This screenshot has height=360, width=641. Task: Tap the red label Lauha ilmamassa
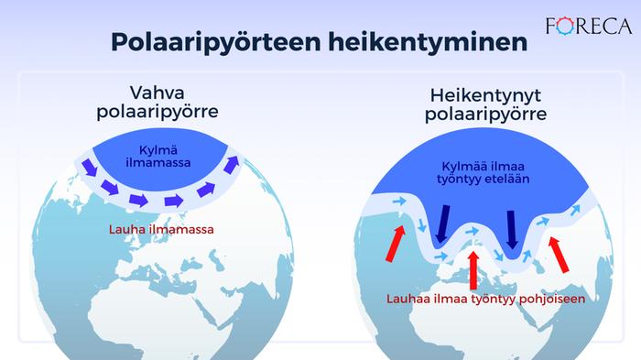point(161,230)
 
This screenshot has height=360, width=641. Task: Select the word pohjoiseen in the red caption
point(540,299)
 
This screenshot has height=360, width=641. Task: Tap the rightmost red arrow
point(559,252)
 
